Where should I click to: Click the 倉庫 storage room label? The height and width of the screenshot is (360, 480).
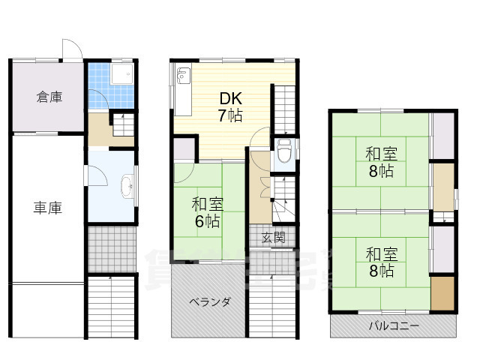click(x=49, y=97)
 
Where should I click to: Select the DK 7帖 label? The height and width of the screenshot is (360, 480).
click(x=229, y=106)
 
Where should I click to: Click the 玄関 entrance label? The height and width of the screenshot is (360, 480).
click(x=273, y=238)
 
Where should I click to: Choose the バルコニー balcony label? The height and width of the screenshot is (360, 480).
click(x=394, y=326)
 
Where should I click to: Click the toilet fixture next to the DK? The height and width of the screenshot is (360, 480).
click(x=284, y=153)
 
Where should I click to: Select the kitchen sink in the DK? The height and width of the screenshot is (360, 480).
click(x=184, y=76)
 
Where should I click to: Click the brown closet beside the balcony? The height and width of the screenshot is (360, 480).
click(x=442, y=293)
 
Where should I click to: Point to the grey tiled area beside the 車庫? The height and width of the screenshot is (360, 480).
click(x=111, y=249)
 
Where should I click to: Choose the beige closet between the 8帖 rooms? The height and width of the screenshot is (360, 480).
click(x=442, y=186)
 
